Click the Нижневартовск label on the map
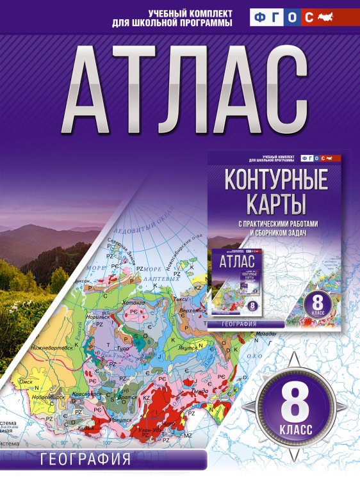pos(53,349)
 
